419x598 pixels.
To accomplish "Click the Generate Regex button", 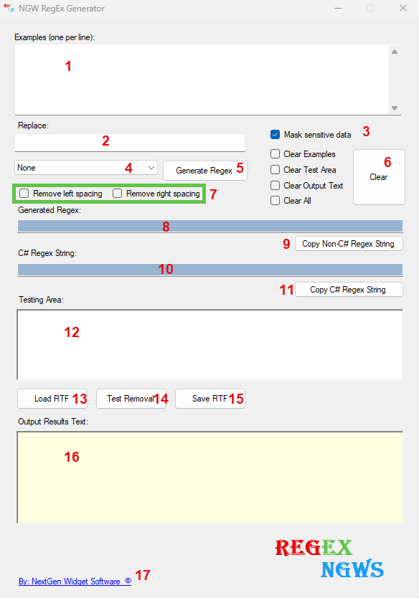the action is pyautogui.click(x=205, y=171).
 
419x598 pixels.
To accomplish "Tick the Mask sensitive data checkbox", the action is pyautogui.click(x=275, y=135).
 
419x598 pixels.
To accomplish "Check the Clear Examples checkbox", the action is pyautogui.click(x=275, y=154).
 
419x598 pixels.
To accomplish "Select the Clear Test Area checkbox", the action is pyautogui.click(x=275, y=170).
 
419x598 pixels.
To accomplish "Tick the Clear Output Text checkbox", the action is pyautogui.click(x=275, y=185).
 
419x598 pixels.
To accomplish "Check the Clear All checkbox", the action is pyautogui.click(x=275, y=201).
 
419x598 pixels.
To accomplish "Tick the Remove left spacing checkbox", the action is pyautogui.click(x=24, y=194).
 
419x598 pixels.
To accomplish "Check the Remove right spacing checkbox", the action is pyautogui.click(x=117, y=194).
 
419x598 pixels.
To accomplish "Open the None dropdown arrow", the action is pyautogui.click(x=151, y=168).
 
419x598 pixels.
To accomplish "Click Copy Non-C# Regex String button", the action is pyautogui.click(x=349, y=244).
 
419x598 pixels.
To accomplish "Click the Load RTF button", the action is pyautogui.click(x=52, y=399).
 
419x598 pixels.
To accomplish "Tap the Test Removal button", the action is pyautogui.click(x=131, y=399).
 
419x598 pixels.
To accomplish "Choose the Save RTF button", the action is pyautogui.click(x=210, y=399).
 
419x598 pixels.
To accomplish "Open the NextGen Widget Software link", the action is pyautogui.click(x=75, y=582).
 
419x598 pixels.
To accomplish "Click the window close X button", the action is pyautogui.click(x=403, y=8).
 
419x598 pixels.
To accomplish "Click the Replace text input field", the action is pyautogui.click(x=130, y=142).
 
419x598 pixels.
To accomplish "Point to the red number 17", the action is pyautogui.click(x=143, y=575).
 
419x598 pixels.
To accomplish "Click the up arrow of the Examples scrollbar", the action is pyautogui.click(x=395, y=52).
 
